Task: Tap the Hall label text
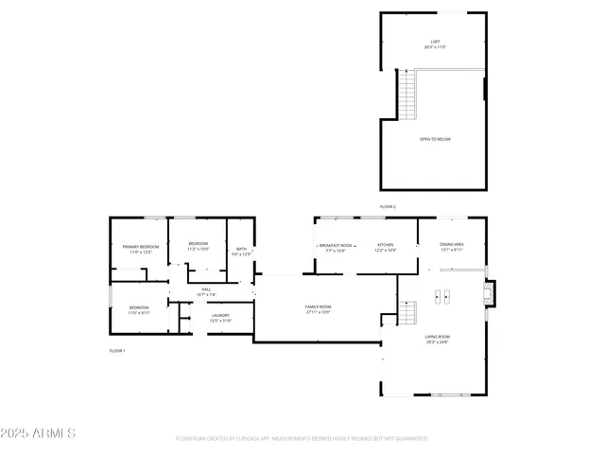206,291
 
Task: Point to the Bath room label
241,251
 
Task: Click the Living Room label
437,339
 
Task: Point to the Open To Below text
435,139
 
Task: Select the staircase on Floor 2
406,95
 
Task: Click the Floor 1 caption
117,351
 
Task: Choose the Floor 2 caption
388,206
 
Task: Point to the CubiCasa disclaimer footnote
302,439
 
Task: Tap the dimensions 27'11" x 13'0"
318,313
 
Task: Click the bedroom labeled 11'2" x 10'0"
199,247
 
